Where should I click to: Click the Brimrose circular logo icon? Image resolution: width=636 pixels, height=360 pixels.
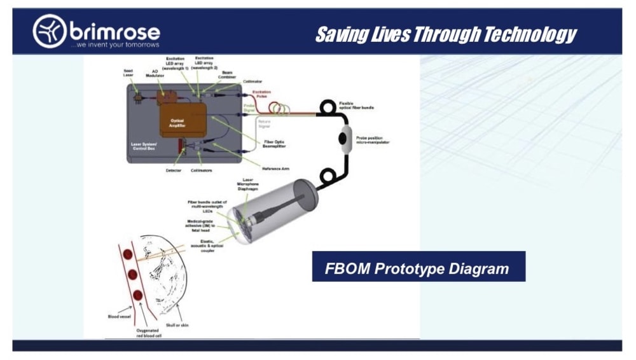point(50,31)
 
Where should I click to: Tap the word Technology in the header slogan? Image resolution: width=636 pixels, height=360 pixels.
point(529,34)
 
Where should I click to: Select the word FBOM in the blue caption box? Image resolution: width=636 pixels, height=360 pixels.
point(347,268)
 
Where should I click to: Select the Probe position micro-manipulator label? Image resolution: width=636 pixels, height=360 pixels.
point(373,140)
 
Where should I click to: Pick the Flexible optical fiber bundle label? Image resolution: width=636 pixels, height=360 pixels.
point(357,106)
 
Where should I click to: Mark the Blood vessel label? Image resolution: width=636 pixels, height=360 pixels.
point(120,315)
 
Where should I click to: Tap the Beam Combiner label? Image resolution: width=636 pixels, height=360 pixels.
point(226,74)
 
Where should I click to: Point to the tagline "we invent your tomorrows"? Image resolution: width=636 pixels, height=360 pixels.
point(114,45)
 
